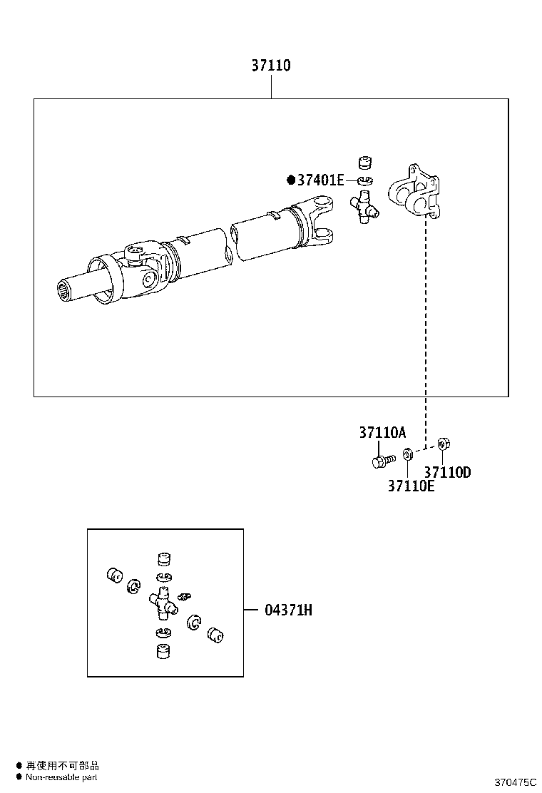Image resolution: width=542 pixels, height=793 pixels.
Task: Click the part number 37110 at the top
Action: point(270,66)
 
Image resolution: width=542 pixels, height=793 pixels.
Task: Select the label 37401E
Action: point(320,180)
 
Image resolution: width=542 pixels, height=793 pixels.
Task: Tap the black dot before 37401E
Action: point(290,180)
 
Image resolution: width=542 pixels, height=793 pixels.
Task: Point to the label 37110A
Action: point(382,432)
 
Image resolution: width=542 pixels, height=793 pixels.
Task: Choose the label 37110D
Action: point(447,471)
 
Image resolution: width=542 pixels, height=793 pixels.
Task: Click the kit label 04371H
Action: point(288,610)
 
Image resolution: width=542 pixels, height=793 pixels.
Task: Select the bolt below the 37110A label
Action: point(382,461)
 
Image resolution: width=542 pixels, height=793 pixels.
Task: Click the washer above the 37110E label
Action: point(407,454)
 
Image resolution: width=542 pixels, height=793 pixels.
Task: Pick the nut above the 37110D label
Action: point(442,444)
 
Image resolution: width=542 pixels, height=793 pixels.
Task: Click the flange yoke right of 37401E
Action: point(414,193)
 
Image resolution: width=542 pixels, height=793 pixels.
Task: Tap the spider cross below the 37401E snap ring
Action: point(364,208)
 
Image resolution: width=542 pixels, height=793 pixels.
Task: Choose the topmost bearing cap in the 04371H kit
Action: point(165,558)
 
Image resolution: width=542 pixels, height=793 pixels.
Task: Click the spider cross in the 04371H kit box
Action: point(163,604)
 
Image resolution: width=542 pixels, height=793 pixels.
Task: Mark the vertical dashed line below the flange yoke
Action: point(426,328)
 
